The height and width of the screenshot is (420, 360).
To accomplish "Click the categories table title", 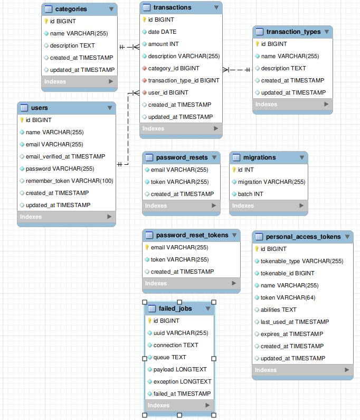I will [71, 9].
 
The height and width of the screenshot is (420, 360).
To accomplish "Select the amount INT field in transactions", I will [163, 44].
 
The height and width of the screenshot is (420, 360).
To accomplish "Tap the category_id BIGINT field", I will [174, 68].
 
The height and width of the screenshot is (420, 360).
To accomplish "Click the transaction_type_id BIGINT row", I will [183, 80].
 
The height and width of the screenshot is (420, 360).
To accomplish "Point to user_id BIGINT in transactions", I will [168, 92].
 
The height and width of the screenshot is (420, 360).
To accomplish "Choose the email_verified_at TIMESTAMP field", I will [65, 156].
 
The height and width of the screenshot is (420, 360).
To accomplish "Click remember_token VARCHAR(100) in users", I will [69, 181].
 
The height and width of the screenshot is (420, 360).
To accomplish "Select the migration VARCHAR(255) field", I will [271, 182].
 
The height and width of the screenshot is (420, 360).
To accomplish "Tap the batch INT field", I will [250, 194].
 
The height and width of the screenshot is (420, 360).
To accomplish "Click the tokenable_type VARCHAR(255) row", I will [301, 261].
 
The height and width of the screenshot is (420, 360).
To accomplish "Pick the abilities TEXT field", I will [278, 310].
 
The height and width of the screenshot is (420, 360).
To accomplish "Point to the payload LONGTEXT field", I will [180, 369].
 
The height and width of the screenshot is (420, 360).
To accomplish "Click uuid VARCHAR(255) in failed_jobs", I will [181, 333].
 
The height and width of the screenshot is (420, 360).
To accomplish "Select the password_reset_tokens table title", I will [192, 235].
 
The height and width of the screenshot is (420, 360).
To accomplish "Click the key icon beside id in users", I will [22, 120].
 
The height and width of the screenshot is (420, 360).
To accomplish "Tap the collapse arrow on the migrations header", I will [302, 157].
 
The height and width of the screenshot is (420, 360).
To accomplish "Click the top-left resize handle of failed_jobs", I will [145, 301].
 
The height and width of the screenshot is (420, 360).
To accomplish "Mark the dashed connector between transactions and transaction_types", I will [238, 69].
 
